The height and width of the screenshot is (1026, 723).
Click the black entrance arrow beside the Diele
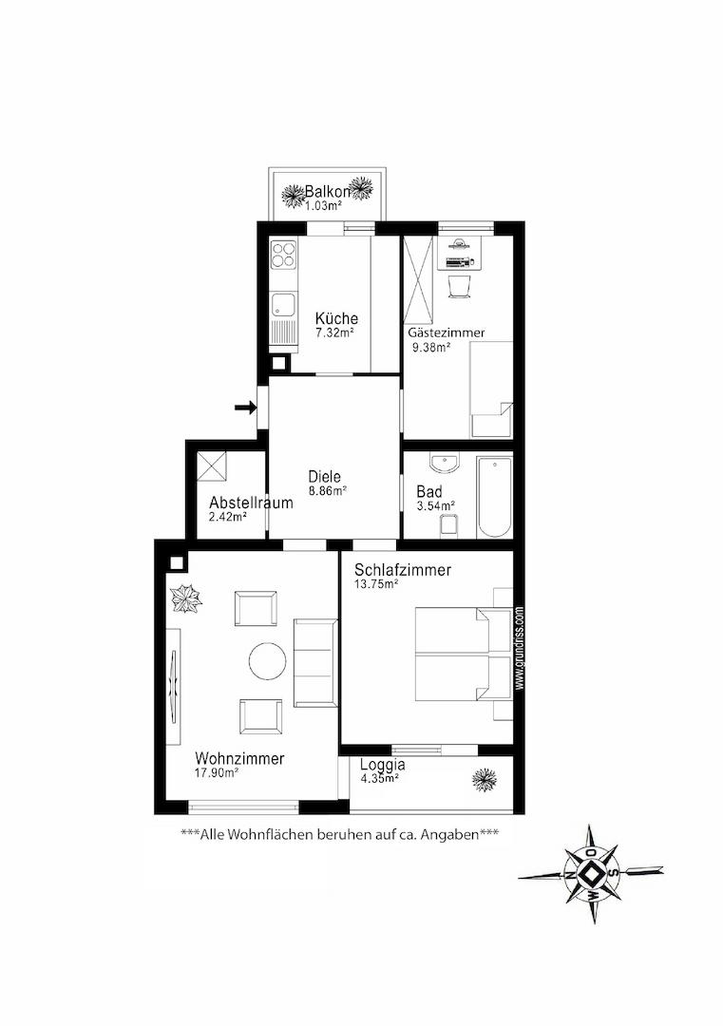click(246, 408)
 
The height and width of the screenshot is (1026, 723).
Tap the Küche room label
click(336, 318)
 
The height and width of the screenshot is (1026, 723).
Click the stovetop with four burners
click(284, 256)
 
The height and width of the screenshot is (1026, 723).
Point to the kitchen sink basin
click(283, 304)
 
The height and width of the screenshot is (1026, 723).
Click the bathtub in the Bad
click(494, 498)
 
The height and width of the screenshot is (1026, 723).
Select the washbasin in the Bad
click(445, 462)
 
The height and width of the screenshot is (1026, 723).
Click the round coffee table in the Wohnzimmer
click(268, 661)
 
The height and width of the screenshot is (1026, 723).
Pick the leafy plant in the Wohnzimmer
click(186, 598)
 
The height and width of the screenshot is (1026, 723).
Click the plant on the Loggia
click(485, 778)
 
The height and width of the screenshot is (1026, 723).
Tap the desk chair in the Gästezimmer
click(459, 286)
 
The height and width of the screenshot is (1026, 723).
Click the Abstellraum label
click(251, 503)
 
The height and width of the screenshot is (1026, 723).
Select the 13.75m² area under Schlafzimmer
click(377, 583)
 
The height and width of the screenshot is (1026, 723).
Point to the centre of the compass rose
click(590, 874)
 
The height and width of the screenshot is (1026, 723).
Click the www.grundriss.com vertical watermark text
click(520, 648)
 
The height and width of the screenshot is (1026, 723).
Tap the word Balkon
click(328, 192)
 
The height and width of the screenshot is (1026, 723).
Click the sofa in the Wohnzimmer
click(316, 663)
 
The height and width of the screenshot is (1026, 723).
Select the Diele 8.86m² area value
click(328, 489)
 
